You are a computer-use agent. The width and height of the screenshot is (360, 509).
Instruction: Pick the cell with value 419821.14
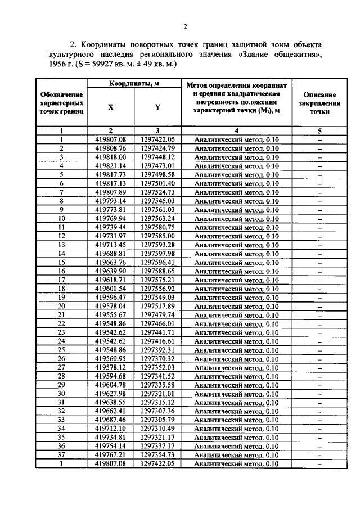click(111, 166)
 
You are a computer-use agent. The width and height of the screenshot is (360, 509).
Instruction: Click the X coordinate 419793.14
click(111, 201)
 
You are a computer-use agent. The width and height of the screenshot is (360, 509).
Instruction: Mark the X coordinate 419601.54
click(111, 288)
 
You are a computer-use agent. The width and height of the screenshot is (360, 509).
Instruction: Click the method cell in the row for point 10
click(236, 218)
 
